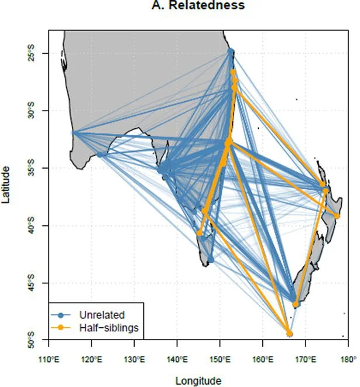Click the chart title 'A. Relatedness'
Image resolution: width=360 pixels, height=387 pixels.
[196, 6]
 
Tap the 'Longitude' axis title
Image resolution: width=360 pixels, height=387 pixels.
[196, 381]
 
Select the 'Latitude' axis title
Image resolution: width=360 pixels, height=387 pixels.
[6, 184]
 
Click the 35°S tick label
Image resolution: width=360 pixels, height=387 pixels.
[37, 169]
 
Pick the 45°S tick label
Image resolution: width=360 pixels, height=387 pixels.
[37, 283]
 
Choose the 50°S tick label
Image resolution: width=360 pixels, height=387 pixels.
[37, 341]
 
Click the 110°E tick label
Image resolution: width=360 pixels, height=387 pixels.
[49, 359]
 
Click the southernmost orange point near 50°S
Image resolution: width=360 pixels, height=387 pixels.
[289, 334]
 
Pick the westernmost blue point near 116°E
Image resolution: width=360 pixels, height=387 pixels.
[74, 133]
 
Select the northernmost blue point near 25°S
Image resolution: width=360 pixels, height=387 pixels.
[231, 52]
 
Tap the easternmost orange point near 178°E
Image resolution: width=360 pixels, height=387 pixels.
[337, 217]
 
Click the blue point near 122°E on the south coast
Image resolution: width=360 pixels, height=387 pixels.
[100, 155]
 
